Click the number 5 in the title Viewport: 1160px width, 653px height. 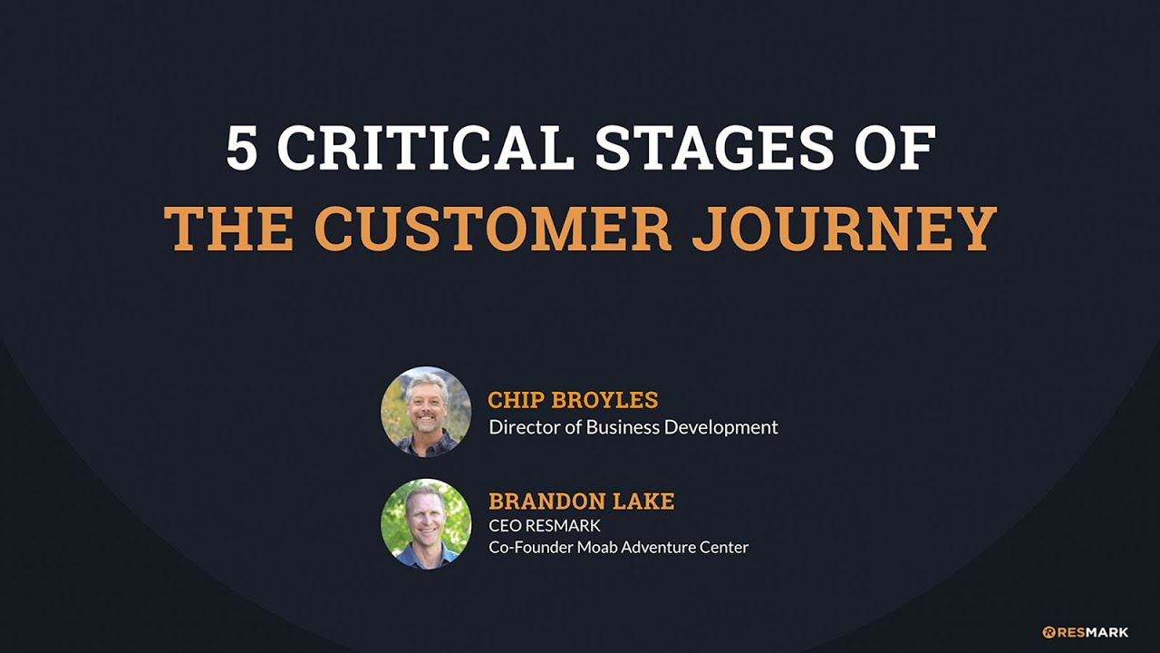point(242,148)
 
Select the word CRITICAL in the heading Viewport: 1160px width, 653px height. point(425,148)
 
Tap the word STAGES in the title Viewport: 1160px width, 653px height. point(715,148)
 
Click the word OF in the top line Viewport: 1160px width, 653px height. point(894,148)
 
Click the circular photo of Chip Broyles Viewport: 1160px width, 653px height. point(426,412)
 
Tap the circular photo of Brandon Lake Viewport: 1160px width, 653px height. point(426,524)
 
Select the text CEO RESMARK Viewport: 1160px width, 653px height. point(545,525)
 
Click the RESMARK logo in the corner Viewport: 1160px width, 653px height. point(1085,632)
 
